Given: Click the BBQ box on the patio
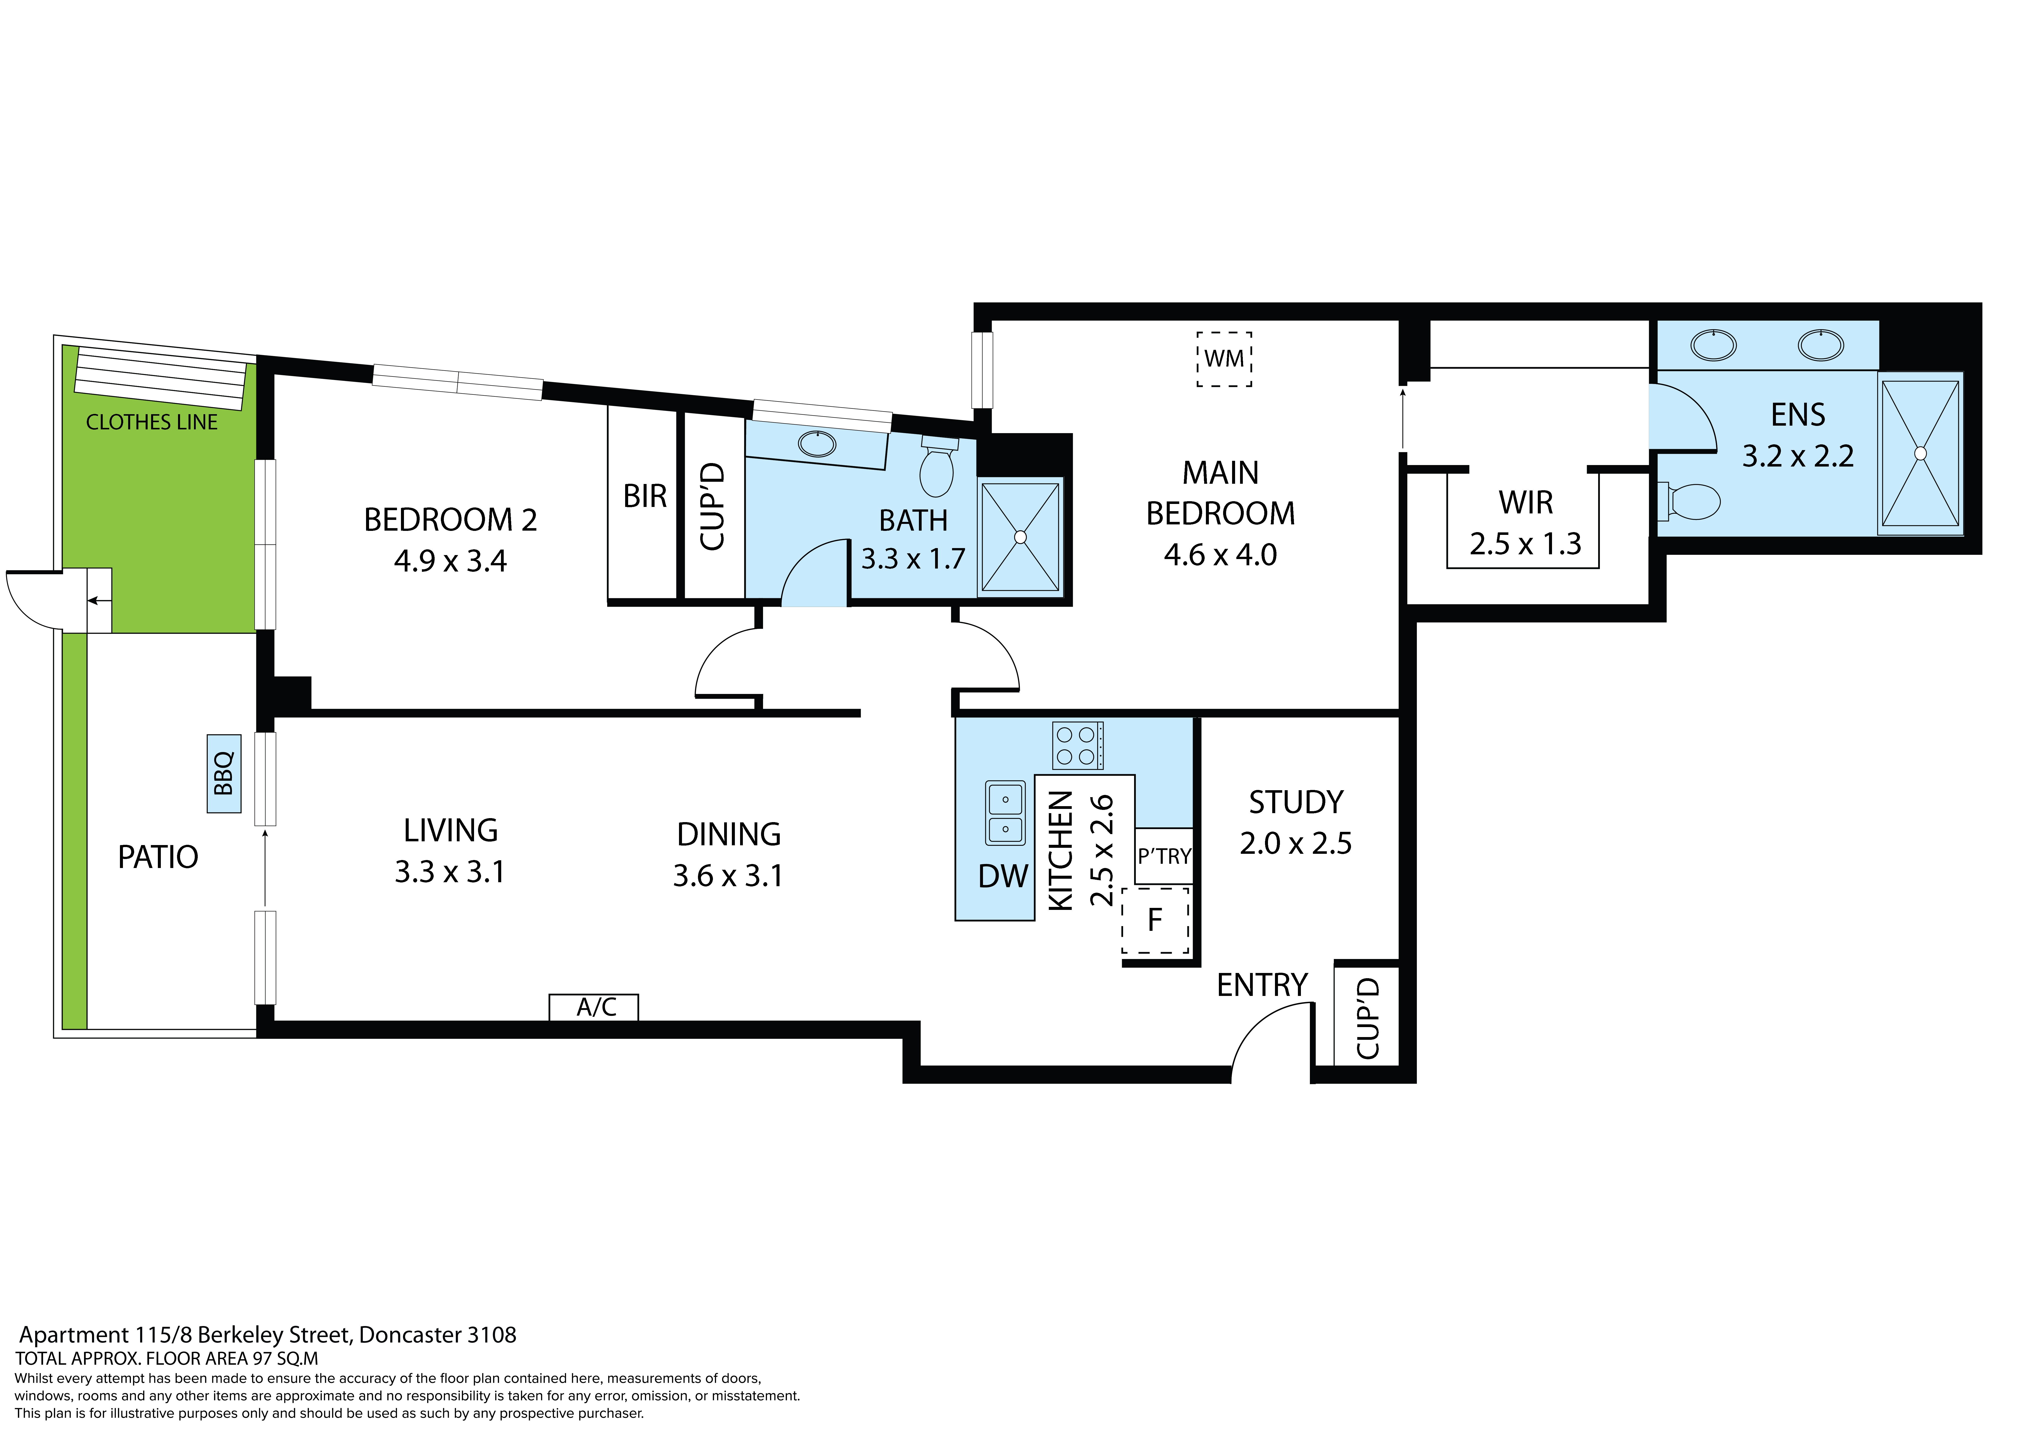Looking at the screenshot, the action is pos(224,773).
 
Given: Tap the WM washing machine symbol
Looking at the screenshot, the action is pos(1224,359).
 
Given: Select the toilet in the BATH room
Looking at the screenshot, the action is pos(937,466).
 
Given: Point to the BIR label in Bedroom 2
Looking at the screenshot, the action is pos(645,496).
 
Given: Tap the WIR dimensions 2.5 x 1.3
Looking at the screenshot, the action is pos(1525,544).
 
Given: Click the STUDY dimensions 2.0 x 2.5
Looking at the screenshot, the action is pos(1296,843).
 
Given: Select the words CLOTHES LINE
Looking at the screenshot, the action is pos(152,422).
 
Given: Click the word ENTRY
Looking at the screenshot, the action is pos(1262,985).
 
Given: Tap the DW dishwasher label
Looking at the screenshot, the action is pos(1003,877).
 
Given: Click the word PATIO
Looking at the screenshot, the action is pos(158,857).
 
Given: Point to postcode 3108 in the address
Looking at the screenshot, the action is pos(491,1335).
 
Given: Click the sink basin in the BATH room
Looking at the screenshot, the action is pos(817,443).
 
